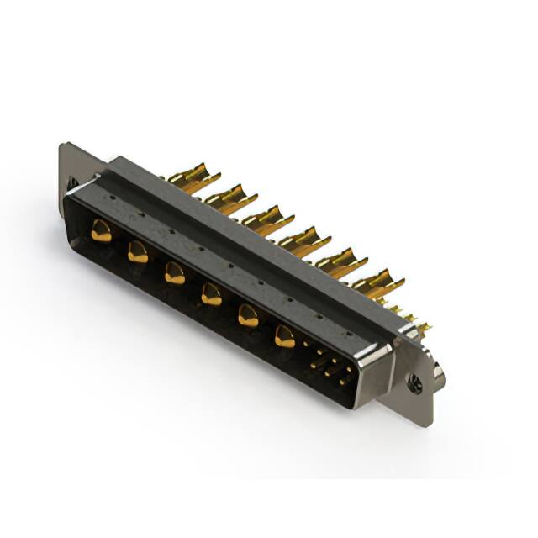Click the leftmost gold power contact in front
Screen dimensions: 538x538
click(102, 230)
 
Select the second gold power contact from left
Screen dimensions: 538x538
click(138, 251)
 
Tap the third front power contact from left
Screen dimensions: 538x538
click(174, 272)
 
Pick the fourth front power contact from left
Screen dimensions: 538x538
click(211, 293)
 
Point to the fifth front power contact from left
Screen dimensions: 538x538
click(248, 315)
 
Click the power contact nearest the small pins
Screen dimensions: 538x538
click(285, 336)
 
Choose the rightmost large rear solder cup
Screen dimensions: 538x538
click(377, 282)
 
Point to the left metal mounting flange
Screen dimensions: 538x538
click(71, 168)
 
